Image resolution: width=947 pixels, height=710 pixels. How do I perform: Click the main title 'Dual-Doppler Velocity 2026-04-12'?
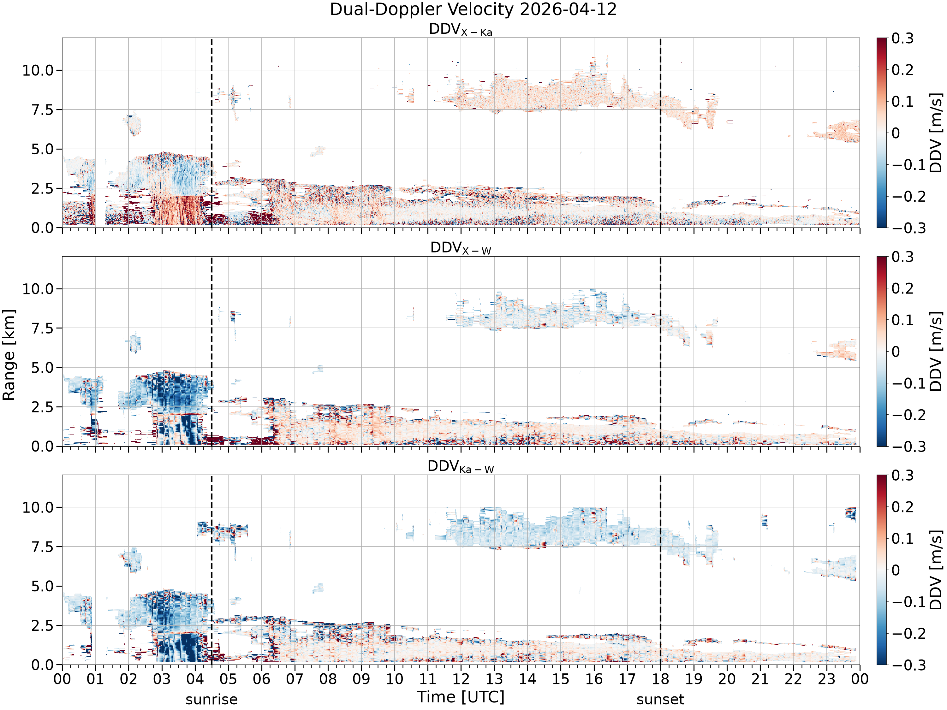click(x=473, y=9)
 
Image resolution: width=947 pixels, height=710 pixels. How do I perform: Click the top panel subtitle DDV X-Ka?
click(x=461, y=30)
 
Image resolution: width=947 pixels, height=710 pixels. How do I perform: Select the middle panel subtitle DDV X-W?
click(x=461, y=248)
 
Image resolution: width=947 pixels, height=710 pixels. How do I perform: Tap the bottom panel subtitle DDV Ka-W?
click(x=461, y=466)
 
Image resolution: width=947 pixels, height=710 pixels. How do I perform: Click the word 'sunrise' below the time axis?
click(x=211, y=699)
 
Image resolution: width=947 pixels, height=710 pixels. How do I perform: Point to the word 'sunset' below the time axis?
click(x=660, y=699)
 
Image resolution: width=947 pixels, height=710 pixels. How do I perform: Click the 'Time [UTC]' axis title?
click(x=461, y=697)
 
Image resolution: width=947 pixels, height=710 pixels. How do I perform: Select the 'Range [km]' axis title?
click(x=9, y=355)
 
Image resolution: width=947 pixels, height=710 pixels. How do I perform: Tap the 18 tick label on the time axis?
click(x=660, y=679)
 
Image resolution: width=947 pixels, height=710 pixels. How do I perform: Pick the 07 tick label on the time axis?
click(x=295, y=679)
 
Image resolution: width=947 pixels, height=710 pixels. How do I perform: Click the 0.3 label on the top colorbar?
click(x=902, y=38)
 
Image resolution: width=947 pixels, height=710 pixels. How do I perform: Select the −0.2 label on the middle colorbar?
click(x=902, y=415)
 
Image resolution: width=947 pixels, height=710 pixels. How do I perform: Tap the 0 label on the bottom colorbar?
click(x=896, y=570)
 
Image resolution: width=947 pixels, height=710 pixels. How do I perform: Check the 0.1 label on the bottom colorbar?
click(x=902, y=538)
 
